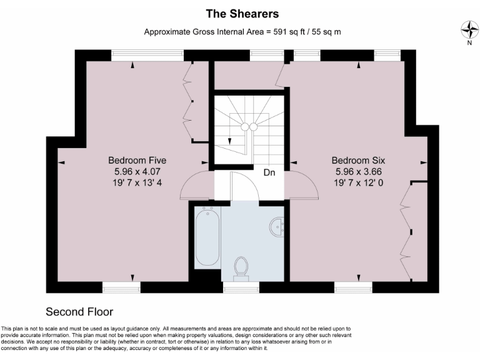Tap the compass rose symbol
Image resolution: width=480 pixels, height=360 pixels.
[469, 29]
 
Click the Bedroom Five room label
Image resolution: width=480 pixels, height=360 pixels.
[136, 160]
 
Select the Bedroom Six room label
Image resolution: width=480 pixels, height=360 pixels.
[358, 160]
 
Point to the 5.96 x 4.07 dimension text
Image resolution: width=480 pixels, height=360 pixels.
[136, 171]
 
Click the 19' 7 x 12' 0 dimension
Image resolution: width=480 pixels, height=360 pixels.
[358, 182]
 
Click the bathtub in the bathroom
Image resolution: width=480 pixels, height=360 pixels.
[207, 237]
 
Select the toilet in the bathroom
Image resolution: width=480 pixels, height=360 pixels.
[241, 267]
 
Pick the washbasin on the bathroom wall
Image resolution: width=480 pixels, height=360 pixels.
[277, 226]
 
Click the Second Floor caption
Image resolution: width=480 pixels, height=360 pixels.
[79, 311]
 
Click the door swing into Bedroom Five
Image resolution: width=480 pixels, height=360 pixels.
[195, 185]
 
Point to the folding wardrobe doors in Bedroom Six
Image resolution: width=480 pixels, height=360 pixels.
[406, 231]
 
